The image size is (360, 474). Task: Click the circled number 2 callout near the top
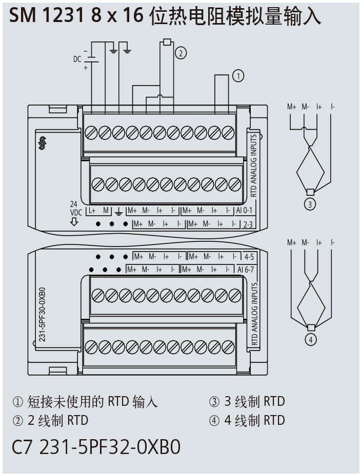pyautogui.click(x=180, y=52)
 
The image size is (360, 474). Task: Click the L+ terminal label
pyautogui.click(x=92, y=211)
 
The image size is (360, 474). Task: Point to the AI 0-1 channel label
pyautogui.click(x=244, y=211)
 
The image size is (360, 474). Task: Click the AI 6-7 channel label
pyautogui.click(x=246, y=269)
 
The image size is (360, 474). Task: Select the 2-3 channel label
pyautogui.click(x=248, y=224)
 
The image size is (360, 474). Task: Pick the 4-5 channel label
pyautogui.click(x=249, y=255)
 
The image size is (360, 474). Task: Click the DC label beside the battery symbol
pyautogui.click(x=77, y=59)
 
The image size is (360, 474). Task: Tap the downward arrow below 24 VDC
pyautogui.click(x=74, y=221)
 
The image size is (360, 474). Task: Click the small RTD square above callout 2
pyautogui.click(x=166, y=42)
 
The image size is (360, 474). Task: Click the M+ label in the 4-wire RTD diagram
pyautogui.click(x=292, y=242)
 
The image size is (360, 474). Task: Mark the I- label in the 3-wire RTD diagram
pyautogui.click(x=333, y=107)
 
